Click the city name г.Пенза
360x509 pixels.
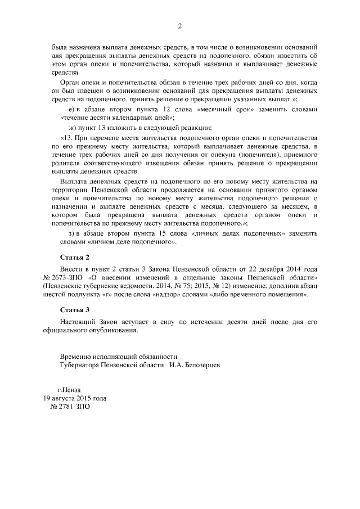70,389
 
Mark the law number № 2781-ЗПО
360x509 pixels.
70,406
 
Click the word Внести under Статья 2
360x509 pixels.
71,269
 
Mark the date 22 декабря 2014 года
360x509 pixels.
271,269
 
